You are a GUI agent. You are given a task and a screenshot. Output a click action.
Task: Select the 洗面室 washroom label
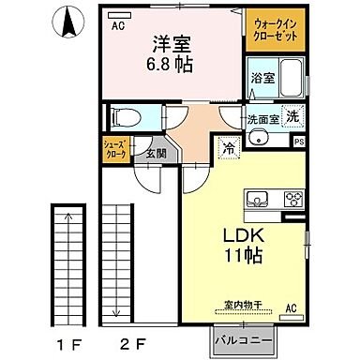262,120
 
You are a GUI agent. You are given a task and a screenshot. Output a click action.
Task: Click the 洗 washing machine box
292,117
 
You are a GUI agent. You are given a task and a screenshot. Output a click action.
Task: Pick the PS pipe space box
299,142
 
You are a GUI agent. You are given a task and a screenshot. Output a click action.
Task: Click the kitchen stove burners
292,199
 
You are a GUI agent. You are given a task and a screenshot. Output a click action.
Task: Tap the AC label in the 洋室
118,26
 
